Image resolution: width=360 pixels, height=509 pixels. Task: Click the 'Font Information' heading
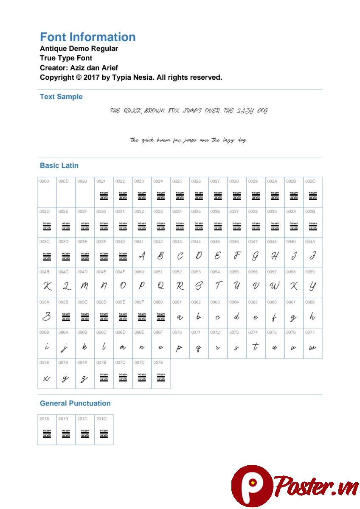click(x=87, y=37)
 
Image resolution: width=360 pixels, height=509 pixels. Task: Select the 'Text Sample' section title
click(x=61, y=97)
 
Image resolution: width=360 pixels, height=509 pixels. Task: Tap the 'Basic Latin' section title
click(x=59, y=165)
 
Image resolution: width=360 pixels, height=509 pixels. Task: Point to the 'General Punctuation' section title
click(x=75, y=403)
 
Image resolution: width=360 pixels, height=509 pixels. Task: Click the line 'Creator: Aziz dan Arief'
click(x=79, y=68)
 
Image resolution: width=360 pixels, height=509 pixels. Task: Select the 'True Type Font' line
click(x=66, y=58)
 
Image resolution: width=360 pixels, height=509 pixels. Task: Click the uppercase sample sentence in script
click(x=188, y=111)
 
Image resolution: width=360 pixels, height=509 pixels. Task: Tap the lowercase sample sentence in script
click(x=188, y=140)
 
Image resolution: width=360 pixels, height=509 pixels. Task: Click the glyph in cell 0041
click(x=142, y=256)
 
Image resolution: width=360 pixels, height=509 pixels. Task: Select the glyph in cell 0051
click(x=161, y=286)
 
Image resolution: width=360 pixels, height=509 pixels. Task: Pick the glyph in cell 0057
click(x=274, y=286)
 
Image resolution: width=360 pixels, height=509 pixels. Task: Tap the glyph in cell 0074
click(x=255, y=347)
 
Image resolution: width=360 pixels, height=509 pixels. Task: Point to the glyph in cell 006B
click(x=85, y=347)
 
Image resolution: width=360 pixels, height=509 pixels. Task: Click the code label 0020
click(x=82, y=182)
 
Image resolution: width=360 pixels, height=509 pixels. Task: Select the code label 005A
click(x=44, y=302)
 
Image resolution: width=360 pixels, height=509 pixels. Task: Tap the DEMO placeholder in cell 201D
click(x=104, y=433)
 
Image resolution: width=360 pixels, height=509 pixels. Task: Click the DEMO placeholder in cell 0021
click(x=104, y=196)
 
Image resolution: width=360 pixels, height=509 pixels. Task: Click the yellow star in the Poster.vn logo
click(x=253, y=483)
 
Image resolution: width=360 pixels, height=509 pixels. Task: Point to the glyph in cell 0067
click(x=293, y=317)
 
